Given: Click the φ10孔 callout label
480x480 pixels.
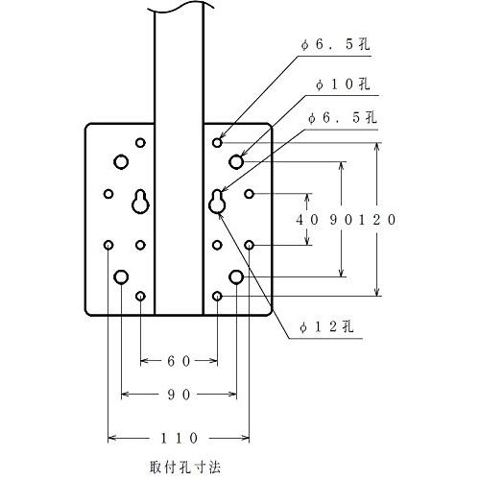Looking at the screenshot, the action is pos(343,84).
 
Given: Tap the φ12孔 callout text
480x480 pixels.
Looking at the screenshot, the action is pos(326,326).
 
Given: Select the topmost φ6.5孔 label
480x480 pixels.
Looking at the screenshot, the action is pos(335,44).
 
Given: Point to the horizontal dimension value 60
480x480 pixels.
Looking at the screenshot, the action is pos(179,361).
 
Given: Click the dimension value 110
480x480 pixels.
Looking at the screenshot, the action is pos(179,438).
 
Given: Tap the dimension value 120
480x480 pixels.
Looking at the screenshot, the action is pos(377,220).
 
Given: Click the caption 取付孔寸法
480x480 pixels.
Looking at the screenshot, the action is pos(185,468).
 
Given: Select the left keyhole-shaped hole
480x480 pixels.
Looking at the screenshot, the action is pos(140,202).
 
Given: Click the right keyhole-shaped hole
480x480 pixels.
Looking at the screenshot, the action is pos(217,202).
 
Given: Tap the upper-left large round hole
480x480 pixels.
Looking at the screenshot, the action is pos(121,162).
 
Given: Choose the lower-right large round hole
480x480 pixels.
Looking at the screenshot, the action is pos(236,277).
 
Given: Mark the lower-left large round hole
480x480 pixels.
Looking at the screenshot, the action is pos(121,277).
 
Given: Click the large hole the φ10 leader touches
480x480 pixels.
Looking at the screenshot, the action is pos(236,162).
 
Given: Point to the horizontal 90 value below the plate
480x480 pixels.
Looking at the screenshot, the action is pos(179,395).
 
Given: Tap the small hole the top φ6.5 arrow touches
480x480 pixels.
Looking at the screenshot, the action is pos(217,143).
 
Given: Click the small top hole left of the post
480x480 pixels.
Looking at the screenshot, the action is pos(140,143).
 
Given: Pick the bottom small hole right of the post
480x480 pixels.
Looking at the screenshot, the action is pos(217,297).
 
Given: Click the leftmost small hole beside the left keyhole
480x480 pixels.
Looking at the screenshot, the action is pos(108,194).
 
